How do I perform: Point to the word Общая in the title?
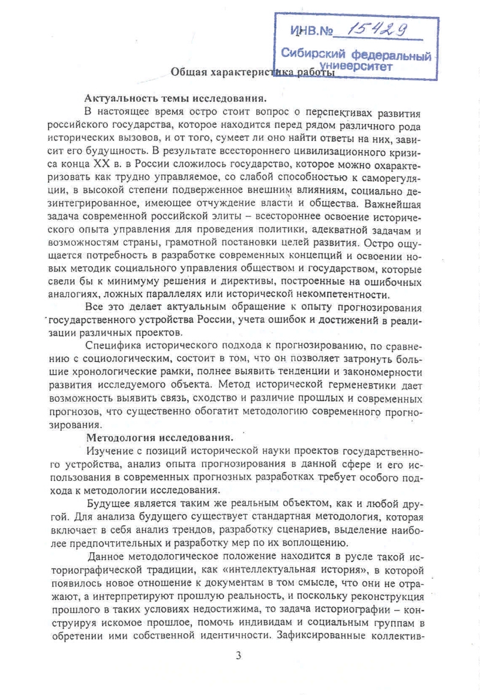[x=188, y=73]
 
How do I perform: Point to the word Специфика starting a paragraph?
[x=112, y=346]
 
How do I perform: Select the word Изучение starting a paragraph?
[x=110, y=450]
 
